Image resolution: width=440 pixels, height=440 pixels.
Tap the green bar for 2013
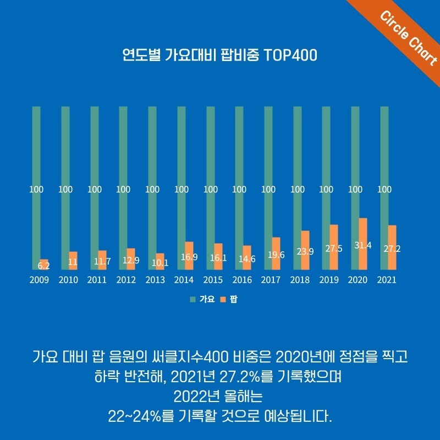[152, 165]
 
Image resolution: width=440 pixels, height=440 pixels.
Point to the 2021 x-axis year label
[387, 280]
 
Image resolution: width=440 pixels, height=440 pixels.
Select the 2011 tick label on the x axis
[97, 280]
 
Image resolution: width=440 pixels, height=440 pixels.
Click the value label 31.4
[362, 245]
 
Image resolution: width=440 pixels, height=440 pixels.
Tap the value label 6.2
[43, 266]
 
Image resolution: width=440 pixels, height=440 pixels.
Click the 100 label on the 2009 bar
[36, 190]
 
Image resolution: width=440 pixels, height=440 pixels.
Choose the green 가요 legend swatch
[193, 300]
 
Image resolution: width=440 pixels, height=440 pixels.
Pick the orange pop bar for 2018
[304, 250]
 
